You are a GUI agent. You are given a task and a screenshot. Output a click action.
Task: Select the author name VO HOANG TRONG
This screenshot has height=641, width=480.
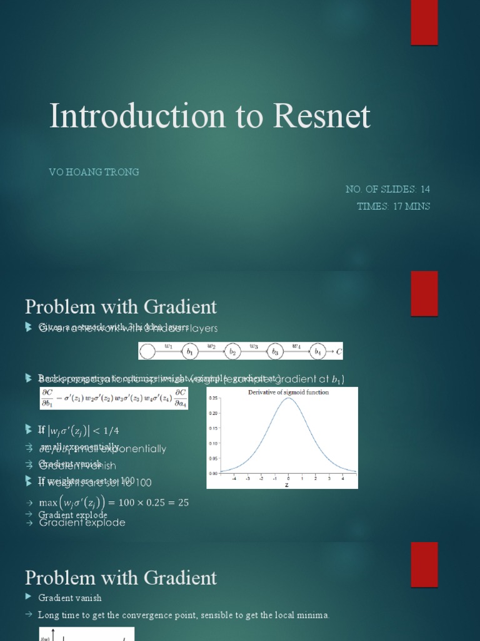pos(94,172)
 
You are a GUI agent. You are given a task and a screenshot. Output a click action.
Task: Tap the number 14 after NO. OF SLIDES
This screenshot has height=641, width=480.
pos(425,189)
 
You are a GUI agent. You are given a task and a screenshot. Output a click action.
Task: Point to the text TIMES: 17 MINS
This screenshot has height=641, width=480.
pos(393,206)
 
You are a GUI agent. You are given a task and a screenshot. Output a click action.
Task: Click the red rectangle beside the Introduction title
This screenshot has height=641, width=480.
pos(424,23)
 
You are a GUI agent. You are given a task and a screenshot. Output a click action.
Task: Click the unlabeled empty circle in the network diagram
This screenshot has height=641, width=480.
pos(147,352)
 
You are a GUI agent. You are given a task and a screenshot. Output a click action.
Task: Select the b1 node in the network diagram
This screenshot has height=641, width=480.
pos(189,352)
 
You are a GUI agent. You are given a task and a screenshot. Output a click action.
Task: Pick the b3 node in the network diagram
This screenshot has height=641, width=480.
pos(274,352)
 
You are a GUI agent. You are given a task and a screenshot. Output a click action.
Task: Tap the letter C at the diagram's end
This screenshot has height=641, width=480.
pos(339,352)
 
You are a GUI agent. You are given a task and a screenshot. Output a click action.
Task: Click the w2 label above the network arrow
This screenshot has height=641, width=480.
pos(211,345)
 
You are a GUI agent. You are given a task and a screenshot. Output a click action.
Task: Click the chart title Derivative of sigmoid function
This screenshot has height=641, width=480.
pos(288,392)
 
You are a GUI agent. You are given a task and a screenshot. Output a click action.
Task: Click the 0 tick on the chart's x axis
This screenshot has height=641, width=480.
pos(288,479)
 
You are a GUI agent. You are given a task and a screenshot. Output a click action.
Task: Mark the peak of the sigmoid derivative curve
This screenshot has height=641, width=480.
pos(288,399)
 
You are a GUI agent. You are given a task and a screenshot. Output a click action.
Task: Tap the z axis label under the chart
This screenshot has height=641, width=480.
pos(287,485)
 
